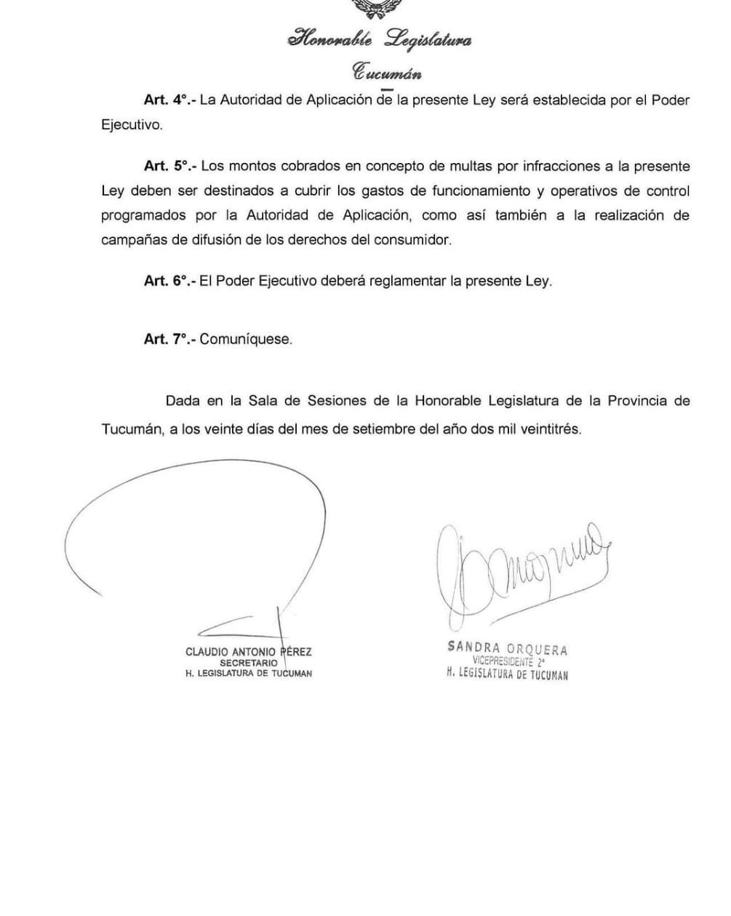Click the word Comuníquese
[x=246, y=339]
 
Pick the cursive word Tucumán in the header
[x=386, y=73]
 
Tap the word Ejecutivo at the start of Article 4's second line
[x=131, y=125]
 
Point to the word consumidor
[x=415, y=240]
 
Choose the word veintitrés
[x=551, y=429]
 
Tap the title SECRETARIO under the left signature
[x=249, y=663]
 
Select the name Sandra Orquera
[x=507, y=648]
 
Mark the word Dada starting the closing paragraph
[x=182, y=401]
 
